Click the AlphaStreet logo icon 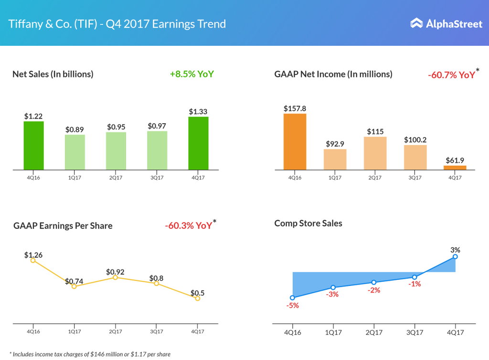point(417,23)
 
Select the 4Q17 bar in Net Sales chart point(198,143)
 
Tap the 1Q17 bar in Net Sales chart point(75,152)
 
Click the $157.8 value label point(295,108)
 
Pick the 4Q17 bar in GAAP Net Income point(455,168)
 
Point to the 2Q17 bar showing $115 point(375,153)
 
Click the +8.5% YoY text point(191,74)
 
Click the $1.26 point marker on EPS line point(33,260)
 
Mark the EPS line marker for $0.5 point(198,298)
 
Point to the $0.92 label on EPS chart point(115,272)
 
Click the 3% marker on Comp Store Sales point(455,257)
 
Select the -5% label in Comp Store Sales point(292,306)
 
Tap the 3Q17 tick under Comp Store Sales point(414,332)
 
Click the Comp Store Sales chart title point(308,223)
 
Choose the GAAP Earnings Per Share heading point(63,225)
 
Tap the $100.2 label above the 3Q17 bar point(415,140)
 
